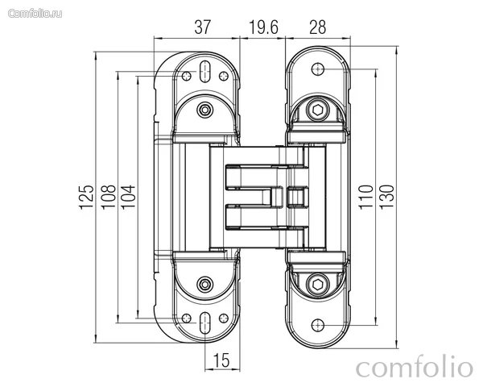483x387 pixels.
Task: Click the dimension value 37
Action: pyautogui.click(x=202, y=27)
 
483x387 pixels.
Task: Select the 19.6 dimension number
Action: pyautogui.click(x=263, y=27)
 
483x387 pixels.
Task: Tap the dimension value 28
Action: pyautogui.click(x=318, y=27)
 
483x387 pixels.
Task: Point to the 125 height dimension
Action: pyautogui.click(x=86, y=198)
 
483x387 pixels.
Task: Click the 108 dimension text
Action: pyautogui.click(x=108, y=198)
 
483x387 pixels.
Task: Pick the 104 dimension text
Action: pyautogui.click(x=128, y=198)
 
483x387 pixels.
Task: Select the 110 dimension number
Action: pyautogui.click(x=365, y=198)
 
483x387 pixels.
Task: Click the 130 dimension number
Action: pyautogui.click(x=386, y=198)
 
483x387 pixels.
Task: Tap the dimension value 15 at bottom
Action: pyautogui.click(x=221, y=360)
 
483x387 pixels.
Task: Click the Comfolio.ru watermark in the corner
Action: pyautogui.click(x=35, y=14)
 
